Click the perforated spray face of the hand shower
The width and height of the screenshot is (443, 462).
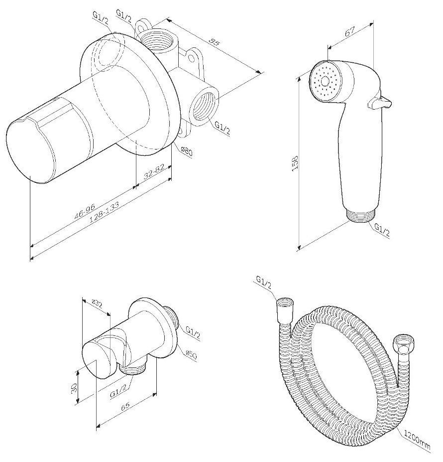click(x=326, y=80)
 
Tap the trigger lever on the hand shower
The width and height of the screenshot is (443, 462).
click(x=380, y=102)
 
